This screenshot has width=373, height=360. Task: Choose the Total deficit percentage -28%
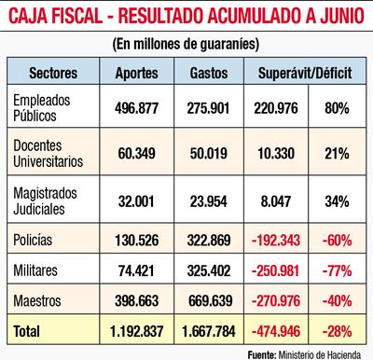[x=338, y=330]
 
